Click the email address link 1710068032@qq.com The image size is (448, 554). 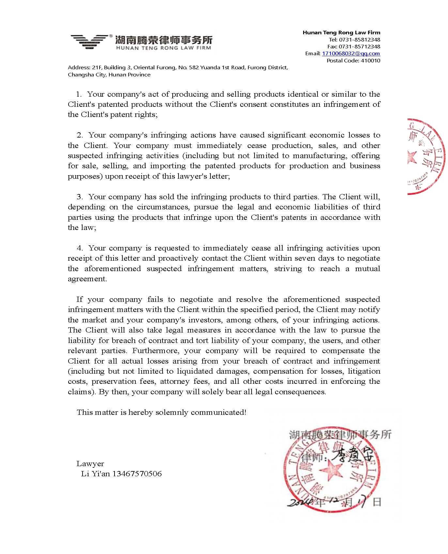(351, 54)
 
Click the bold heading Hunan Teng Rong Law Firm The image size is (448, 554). (341, 32)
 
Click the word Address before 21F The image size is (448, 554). (79, 68)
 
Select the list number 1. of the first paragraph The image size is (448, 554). (79, 94)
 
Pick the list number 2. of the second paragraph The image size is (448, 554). (80, 135)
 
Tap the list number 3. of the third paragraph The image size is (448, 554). (80, 197)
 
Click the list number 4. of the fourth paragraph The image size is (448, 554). (80, 248)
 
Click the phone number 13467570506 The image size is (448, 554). (137, 474)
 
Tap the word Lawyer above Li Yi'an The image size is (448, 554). (90, 464)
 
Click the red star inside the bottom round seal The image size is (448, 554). (331, 470)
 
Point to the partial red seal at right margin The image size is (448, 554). (426, 157)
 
